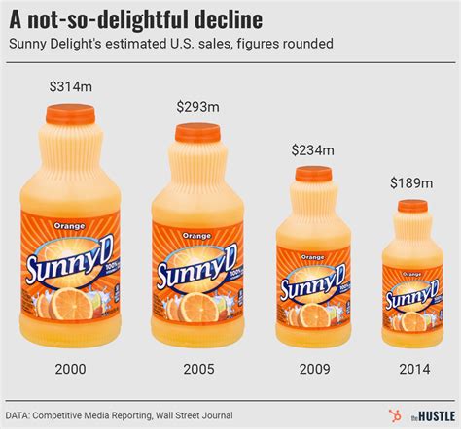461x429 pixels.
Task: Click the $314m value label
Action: tap(71, 87)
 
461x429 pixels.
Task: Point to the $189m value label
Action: tap(411, 182)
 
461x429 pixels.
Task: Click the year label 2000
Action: tap(71, 369)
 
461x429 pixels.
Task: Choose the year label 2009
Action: tap(312, 369)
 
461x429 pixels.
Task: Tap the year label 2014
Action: tap(411, 369)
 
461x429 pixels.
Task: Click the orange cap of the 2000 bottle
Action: tap(71, 114)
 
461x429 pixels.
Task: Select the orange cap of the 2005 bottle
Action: tap(197, 132)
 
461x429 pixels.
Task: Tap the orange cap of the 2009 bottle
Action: tap(313, 174)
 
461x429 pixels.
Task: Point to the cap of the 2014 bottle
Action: tap(412, 206)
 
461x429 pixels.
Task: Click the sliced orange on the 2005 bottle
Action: tap(197, 310)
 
